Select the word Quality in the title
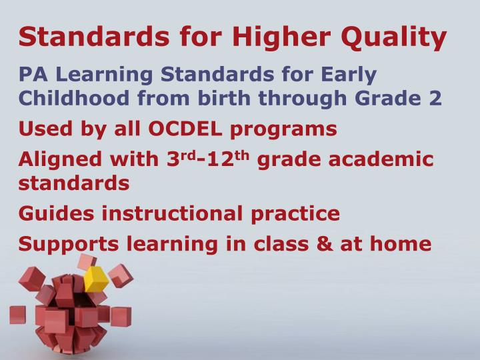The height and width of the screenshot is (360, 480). click(394, 39)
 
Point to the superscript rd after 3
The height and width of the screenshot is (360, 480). click(188, 155)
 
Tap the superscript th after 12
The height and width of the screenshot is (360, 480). click(241, 155)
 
